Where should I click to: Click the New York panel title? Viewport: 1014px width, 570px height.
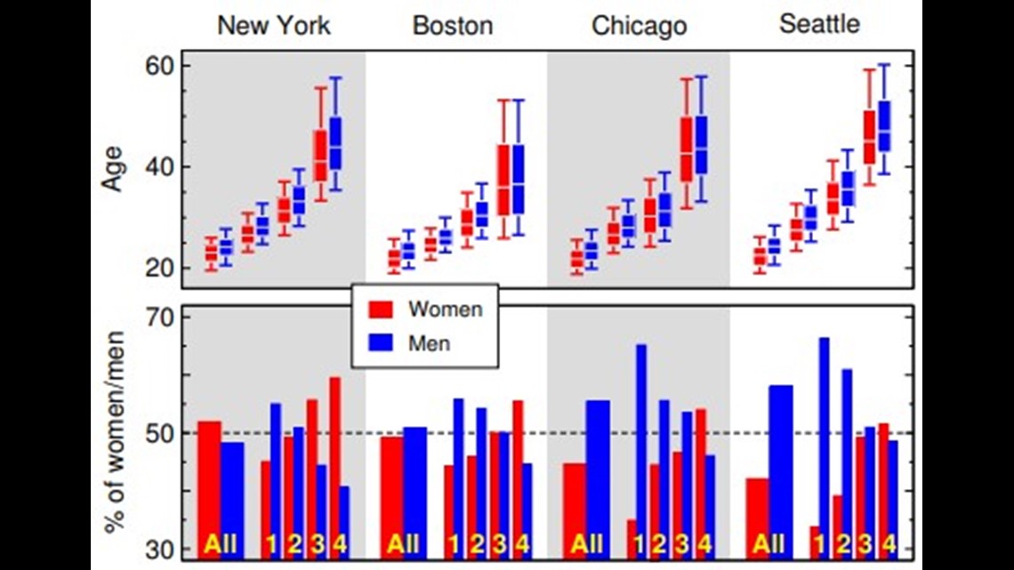tap(274, 25)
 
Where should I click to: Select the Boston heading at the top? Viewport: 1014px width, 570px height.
tap(453, 25)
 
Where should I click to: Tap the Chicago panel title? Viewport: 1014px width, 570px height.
tap(639, 26)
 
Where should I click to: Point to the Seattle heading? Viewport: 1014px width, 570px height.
tap(819, 24)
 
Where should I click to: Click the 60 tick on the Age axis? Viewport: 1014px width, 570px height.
tap(159, 65)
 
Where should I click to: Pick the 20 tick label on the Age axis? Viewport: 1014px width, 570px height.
tap(159, 268)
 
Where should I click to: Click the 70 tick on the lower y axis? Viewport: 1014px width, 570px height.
tap(159, 317)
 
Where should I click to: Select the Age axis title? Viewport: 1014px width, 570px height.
tap(112, 169)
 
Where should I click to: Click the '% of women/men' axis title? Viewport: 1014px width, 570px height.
tap(114, 432)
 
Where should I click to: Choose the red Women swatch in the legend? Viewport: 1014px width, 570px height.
tap(381, 309)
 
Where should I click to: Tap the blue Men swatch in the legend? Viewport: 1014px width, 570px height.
tap(381, 342)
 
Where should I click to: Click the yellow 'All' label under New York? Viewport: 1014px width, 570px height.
tap(221, 545)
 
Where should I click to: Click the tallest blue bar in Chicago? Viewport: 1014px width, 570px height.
tap(640, 451)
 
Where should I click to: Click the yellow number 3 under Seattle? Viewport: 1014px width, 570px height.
tap(865, 545)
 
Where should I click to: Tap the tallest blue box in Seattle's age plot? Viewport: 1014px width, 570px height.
tap(884, 126)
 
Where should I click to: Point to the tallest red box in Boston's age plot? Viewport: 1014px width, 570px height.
tap(503, 181)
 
